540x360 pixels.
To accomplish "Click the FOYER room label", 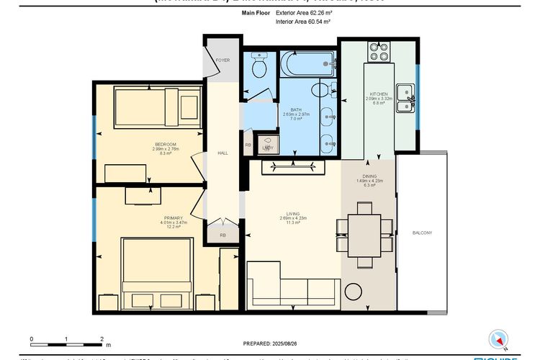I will point(223,60).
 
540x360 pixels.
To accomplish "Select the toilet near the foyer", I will point(258,66).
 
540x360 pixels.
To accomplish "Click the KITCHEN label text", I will point(379,94).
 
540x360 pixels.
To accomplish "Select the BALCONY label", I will point(422,233).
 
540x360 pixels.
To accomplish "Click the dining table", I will point(365,235).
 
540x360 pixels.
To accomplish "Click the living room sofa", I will point(292,284).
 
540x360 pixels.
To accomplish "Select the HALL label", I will point(223,153).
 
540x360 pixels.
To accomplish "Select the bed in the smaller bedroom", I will point(157,108).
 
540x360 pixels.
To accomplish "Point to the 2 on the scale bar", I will point(102,338).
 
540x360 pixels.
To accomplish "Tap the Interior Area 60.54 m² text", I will point(302,22).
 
